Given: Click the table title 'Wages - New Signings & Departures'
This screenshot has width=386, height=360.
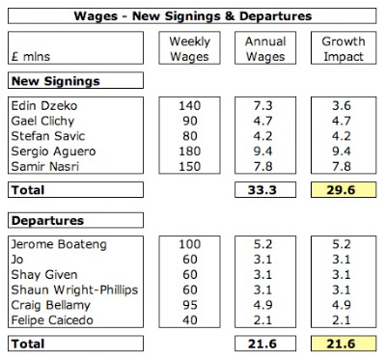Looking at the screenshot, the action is (193, 16).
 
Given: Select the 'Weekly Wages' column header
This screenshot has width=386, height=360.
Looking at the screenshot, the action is (189, 48).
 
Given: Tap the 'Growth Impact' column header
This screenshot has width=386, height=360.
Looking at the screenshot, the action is (344, 48).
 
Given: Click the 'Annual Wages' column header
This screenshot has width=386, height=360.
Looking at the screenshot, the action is (265, 48).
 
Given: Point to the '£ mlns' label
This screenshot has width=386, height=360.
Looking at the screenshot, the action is (31, 57).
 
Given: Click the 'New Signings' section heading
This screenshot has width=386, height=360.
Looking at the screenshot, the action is (56, 81).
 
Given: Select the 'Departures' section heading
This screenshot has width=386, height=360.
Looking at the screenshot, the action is (47, 221).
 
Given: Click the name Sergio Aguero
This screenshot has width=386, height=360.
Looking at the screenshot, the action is (53, 152).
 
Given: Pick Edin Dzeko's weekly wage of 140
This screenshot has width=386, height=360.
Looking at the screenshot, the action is (190, 105).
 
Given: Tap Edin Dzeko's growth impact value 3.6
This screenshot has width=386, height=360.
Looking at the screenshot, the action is (342, 105).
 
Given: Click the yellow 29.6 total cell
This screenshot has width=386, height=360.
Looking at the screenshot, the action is (344, 190).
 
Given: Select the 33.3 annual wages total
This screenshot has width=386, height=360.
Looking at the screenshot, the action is (262, 190).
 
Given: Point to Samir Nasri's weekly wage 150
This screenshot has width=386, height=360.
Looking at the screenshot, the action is (190, 166).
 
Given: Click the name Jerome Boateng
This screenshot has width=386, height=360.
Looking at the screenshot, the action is (59, 244).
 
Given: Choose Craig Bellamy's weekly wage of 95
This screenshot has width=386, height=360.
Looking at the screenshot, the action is (190, 305).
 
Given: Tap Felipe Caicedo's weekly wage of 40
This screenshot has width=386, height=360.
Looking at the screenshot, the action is (190, 320).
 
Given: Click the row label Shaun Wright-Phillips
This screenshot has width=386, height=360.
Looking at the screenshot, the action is (74, 290).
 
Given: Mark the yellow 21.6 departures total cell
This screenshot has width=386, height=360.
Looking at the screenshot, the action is (344, 344).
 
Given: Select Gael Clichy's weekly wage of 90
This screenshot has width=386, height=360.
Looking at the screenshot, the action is (190, 121).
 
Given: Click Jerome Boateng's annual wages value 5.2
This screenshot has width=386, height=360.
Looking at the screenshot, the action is (262, 244).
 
